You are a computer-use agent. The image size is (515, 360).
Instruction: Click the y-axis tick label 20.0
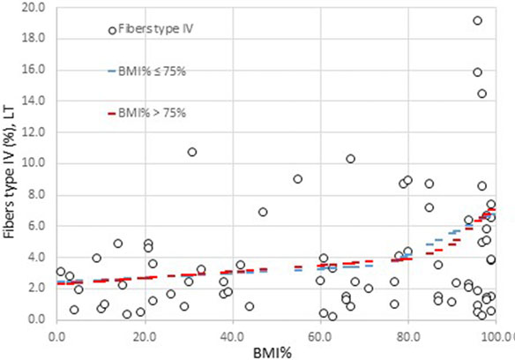click(34, 7)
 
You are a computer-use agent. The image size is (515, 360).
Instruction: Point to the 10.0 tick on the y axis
click(34, 163)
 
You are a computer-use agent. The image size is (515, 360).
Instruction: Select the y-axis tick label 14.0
click(34, 101)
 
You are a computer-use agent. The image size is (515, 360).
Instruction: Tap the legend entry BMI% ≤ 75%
click(150, 71)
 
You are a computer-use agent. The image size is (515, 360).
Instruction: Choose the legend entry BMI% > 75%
click(150, 112)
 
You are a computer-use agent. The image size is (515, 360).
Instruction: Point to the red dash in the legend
click(112, 112)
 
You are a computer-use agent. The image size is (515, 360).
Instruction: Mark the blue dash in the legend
click(112, 71)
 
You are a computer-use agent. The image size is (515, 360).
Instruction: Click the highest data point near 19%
click(477, 20)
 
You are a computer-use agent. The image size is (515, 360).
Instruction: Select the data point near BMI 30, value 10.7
click(191, 152)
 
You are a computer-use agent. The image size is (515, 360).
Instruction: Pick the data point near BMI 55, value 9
click(297, 178)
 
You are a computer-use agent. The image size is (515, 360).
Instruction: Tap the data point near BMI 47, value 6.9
click(263, 212)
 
